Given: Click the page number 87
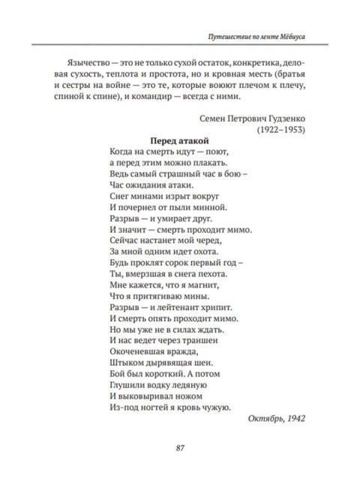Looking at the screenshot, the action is click(180, 448).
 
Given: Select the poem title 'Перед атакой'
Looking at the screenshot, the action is click(179, 140).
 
